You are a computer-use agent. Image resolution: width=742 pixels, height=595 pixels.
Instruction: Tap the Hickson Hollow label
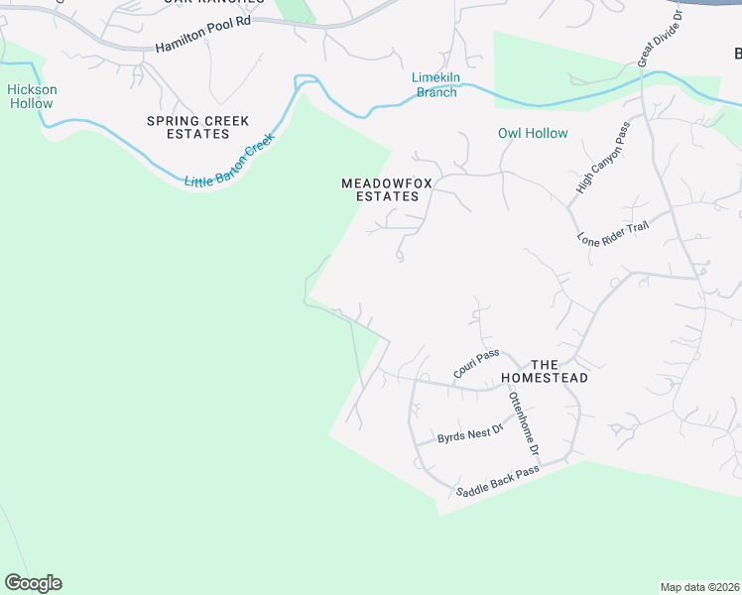pyautogui.click(x=33, y=96)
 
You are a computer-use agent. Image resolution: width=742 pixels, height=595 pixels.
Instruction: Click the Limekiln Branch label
pyautogui.click(x=434, y=85)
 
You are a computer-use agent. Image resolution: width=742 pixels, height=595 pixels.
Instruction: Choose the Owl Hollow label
pyautogui.click(x=533, y=133)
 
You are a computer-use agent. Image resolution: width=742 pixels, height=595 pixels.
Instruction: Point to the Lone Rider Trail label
pyautogui.click(x=612, y=232)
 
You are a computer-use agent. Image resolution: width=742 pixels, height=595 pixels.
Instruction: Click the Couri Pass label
pyautogui.click(x=475, y=364)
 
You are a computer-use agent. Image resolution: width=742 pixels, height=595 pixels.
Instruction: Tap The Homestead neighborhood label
pyautogui.click(x=545, y=371)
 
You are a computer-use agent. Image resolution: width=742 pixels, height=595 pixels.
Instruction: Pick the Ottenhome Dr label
pyautogui.click(x=523, y=423)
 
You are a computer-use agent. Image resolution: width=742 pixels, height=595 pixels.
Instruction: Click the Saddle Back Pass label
pyautogui.click(x=497, y=479)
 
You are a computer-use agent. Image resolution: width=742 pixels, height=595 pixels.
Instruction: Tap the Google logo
pyautogui.click(x=33, y=583)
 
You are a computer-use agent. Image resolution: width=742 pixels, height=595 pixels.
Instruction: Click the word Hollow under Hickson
pyautogui.click(x=33, y=103)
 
